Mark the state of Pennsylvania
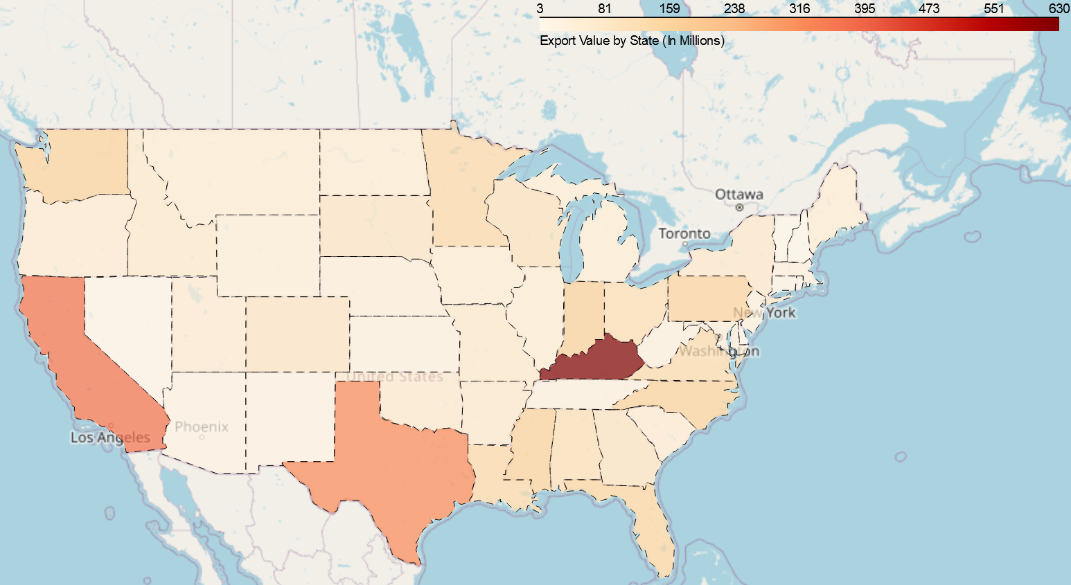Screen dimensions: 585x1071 [x=707, y=298]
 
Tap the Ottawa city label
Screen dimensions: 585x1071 [x=739, y=195]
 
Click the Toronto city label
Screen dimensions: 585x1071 [x=684, y=233]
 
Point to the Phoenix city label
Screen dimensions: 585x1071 [x=202, y=426]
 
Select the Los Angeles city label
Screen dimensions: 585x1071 [x=110, y=437]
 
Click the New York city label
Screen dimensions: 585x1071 [x=765, y=312]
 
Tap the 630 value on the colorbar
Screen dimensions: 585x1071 [x=1059, y=8]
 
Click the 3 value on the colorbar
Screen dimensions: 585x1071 [x=540, y=8]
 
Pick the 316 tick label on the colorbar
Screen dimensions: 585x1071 [x=799, y=8]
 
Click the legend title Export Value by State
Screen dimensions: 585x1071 [x=632, y=41]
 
